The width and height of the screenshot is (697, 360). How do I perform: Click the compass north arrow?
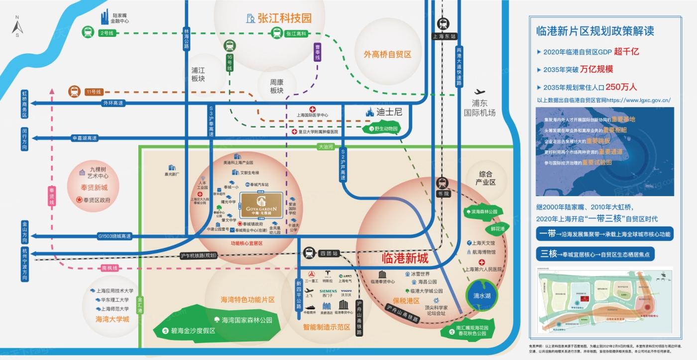(17, 26)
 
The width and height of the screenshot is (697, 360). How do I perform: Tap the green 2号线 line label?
(107, 33)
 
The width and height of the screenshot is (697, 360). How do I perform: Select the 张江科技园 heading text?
(284, 18)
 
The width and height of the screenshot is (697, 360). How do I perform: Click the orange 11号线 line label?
(93, 92)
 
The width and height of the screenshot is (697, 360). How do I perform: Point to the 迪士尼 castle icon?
(369, 113)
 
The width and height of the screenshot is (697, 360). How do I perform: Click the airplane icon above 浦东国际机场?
(480, 93)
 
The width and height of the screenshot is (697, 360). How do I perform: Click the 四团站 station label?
(329, 253)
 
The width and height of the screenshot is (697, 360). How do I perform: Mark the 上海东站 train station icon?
(443, 23)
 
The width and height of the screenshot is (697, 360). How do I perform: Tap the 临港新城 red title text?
(405, 258)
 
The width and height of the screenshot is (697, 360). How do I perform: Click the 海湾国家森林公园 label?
(247, 320)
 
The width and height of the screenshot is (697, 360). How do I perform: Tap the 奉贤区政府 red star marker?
(79, 200)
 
